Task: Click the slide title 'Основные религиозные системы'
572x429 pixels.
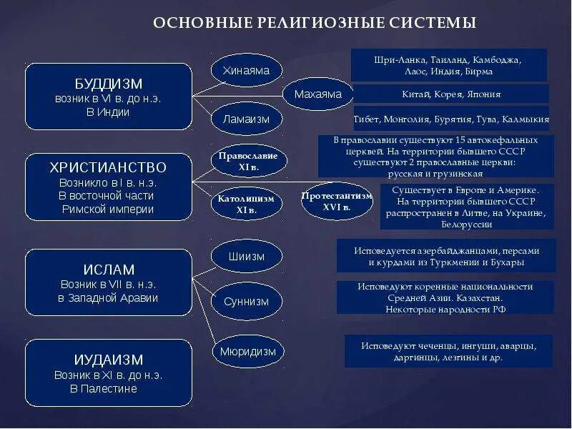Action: click(x=315, y=23)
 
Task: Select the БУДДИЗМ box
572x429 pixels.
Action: click(x=109, y=97)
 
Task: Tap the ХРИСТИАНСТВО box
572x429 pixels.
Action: click(x=109, y=187)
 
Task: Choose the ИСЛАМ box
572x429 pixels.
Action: click(x=109, y=282)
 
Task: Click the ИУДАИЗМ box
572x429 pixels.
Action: click(x=109, y=373)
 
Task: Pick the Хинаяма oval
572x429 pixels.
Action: click(x=246, y=70)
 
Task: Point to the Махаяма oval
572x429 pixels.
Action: click(x=317, y=94)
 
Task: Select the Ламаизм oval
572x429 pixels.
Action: click(x=246, y=119)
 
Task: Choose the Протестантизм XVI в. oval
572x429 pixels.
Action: click(x=337, y=201)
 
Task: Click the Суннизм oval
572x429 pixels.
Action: click(x=246, y=301)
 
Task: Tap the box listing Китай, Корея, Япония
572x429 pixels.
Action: click(x=451, y=94)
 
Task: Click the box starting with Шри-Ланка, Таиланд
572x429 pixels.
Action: click(x=449, y=65)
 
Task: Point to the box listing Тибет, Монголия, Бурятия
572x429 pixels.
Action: click(x=451, y=119)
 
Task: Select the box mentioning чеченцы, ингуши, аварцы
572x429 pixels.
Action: click(x=448, y=351)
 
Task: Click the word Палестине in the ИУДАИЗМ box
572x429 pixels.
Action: click(x=112, y=389)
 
